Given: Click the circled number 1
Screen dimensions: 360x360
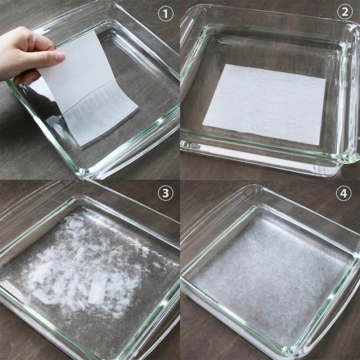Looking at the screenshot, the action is (165, 14).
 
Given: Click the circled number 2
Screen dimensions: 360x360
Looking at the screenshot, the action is (345, 12).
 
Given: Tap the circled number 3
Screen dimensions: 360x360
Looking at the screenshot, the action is (165, 193).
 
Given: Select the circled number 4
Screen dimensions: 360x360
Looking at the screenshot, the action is (344, 193).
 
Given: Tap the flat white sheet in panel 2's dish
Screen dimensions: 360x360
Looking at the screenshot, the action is (264, 105).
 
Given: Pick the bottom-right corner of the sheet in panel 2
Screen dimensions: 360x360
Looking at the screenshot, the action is (319, 145).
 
